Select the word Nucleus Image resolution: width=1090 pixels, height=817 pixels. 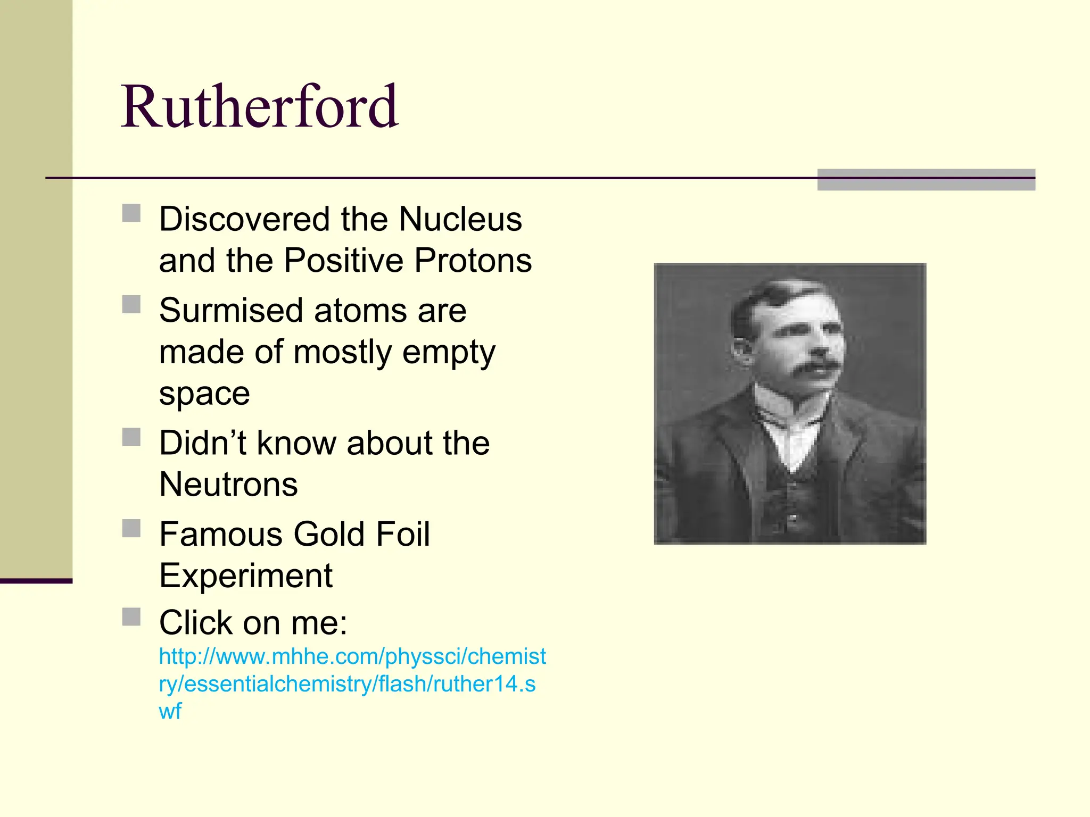click(460, 219)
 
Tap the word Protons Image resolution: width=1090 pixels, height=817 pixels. click(473, 261)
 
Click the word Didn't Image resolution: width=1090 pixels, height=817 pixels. click(202, 443)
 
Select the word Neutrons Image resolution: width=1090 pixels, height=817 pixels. click(228, 485)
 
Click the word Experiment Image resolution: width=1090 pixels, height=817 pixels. click(246, 576)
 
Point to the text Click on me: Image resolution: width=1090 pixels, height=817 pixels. click(253, 622)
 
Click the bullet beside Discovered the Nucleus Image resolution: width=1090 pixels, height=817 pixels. click(131, 213)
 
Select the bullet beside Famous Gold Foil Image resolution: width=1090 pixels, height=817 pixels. click(131, 529)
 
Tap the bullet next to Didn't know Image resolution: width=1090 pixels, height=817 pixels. click(131, 437)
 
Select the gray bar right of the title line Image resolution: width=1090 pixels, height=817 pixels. click(926, 180)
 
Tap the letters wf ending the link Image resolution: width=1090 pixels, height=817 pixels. click(170, 712)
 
